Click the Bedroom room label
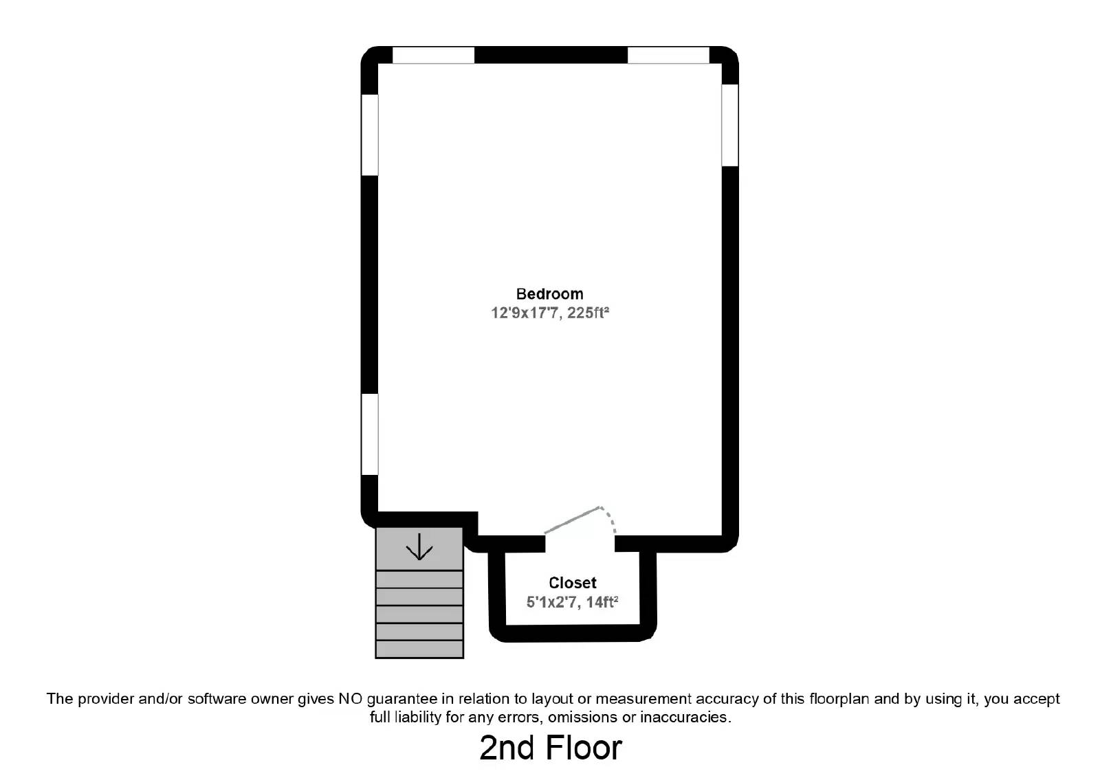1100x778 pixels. point(549,294)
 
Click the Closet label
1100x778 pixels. point(572,583)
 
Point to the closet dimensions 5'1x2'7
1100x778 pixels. point(551,603)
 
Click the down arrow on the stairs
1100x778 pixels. point(419,548)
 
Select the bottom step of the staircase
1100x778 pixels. point(419,649)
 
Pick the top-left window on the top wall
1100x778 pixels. point(433,55)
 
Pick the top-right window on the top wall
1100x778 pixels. point(668,55)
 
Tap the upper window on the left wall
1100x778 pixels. point(370,135)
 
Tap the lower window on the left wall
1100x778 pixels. point(370,434)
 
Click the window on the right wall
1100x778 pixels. point(729,125)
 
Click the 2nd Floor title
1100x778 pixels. point(550,748)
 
